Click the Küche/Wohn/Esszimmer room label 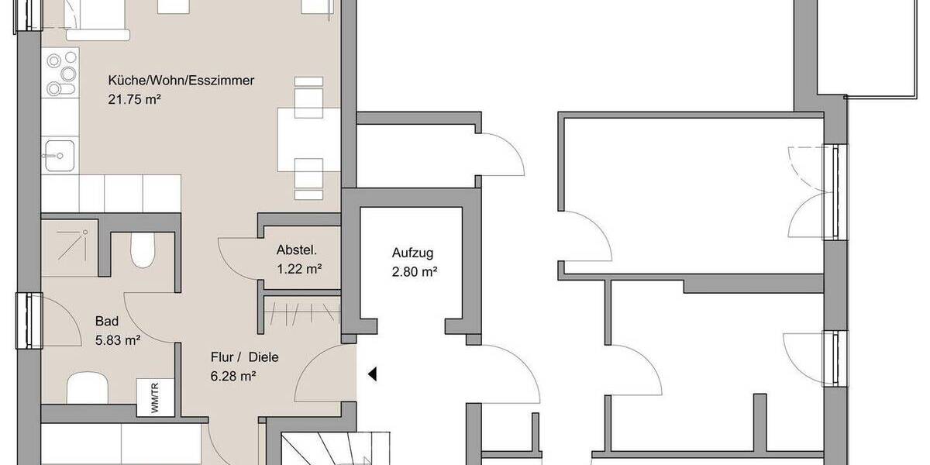click(x=182, y=81)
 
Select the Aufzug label click(x=412, y=253)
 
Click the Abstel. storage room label click(x=297, y=251)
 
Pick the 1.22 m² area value click(x=299, y=269)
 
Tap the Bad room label click(x=106, y=321)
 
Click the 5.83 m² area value click(x=117, y=339)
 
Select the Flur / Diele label click(x=244, y=358)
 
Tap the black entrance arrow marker click(x=372, y=374)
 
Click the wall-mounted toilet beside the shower click(x=143, y=250)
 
